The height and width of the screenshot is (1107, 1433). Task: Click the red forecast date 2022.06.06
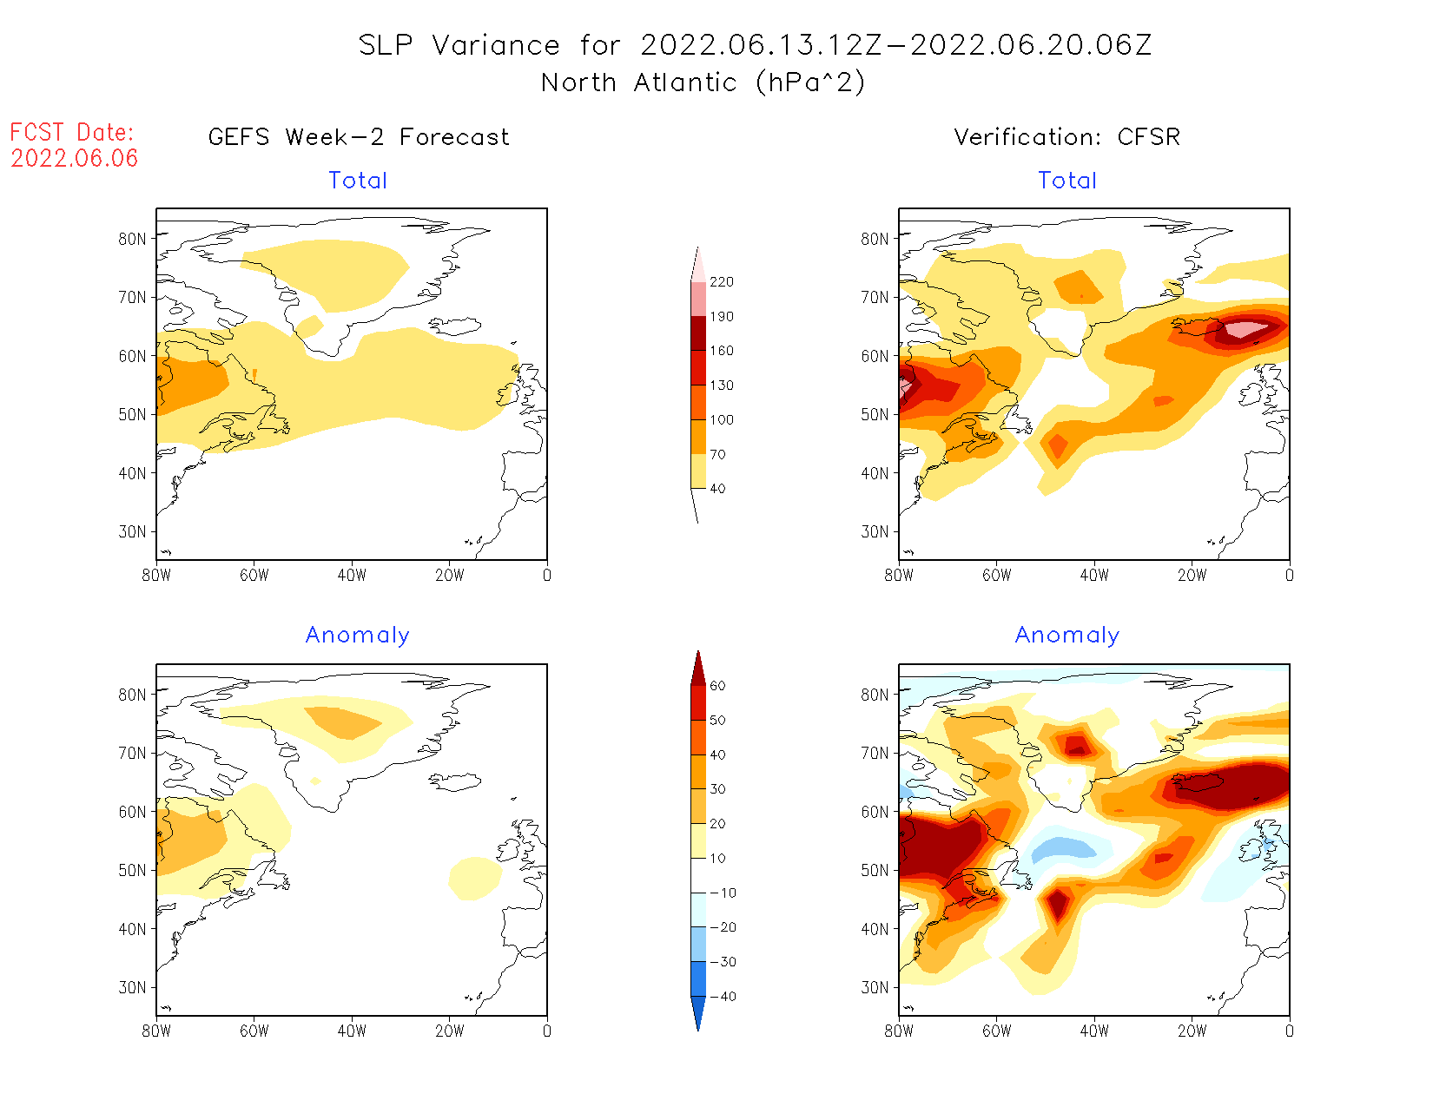pyautogui.click(x=75, y=158)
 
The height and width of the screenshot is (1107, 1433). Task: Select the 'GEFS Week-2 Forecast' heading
pyautogui.click(x=359, y=137)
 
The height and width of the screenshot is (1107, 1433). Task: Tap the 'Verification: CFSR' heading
pyautogui.click(x=1066, y=137)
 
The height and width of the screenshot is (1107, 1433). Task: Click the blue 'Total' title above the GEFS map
pyautogui.click(x=358, y=181)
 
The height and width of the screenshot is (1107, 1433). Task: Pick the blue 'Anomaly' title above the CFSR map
pyautogui.click(x=1066, y=636)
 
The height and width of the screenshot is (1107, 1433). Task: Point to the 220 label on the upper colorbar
pyautogui.click(x=721, y=282)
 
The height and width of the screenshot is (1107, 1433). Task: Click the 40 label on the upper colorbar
pyautogui.click(x=717, y=489)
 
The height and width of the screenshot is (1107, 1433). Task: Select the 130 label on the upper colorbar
pyautogui.click(x=721, y=385)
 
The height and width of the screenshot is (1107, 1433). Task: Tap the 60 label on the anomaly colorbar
pyautogui.click(x=717, y=686)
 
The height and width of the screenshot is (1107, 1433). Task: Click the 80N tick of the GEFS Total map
pyautogui.click(x=133, y=239)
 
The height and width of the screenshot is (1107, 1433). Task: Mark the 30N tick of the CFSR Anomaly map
pyautogui.click(x=875, y=987)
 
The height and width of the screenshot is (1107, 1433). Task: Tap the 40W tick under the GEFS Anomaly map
pyautogui.click(x=352, y=1031)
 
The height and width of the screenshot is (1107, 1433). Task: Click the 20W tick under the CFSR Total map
pyautogui.click(x=1192, y=575)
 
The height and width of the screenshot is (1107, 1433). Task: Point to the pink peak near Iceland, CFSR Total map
pyautogui.click(x=1248, y=328)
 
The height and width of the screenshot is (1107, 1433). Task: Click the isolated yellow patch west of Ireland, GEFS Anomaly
pyautogui.click(x=475, y=878)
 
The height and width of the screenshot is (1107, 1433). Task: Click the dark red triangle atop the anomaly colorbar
pyautogui.click(x=698, y=669)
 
